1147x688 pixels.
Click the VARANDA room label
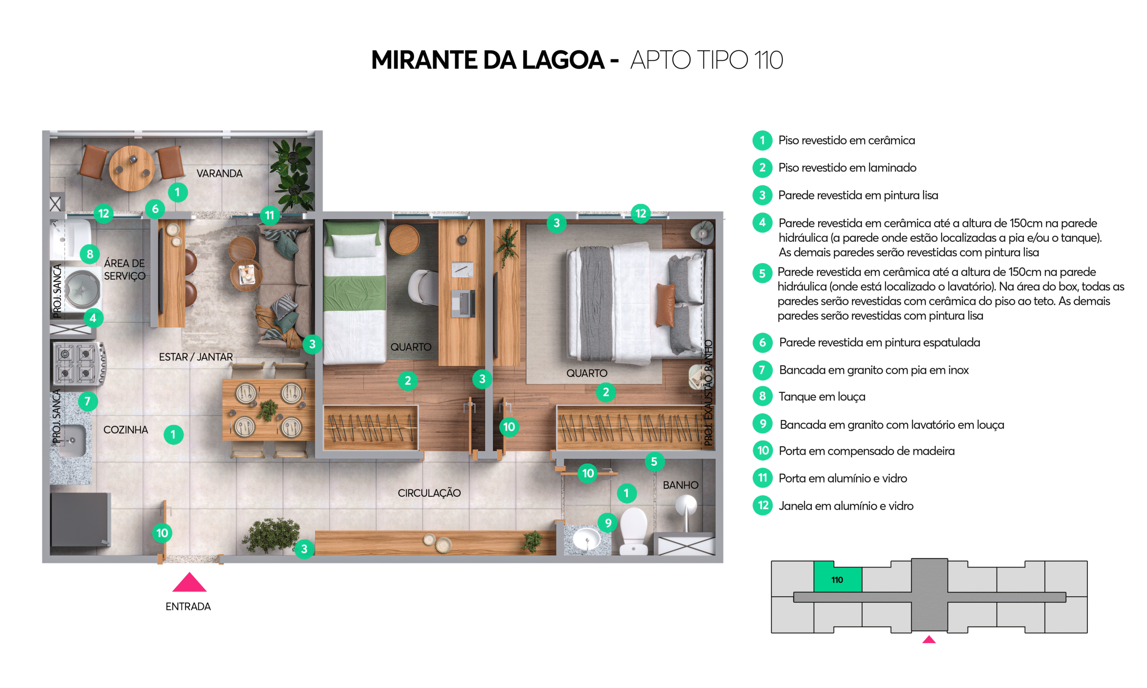(219, 173)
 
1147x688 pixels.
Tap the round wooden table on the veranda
(132, 168)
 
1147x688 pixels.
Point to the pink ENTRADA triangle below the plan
(189, 583)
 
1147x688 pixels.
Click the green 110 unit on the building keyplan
(838, 577)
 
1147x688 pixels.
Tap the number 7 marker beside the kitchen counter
(87, 401)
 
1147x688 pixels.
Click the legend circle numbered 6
(762, 343)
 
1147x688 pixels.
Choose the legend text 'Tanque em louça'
(822, 397)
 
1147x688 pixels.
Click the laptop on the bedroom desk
(463, 303)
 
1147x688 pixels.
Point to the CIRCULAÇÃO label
(429, 493)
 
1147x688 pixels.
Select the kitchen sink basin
(73, 440)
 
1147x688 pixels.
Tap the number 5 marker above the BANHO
(654, 461)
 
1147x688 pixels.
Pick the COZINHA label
(125, 430)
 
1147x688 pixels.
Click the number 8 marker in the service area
(90, 254)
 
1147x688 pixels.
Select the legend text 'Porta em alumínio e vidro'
(843, 478)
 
